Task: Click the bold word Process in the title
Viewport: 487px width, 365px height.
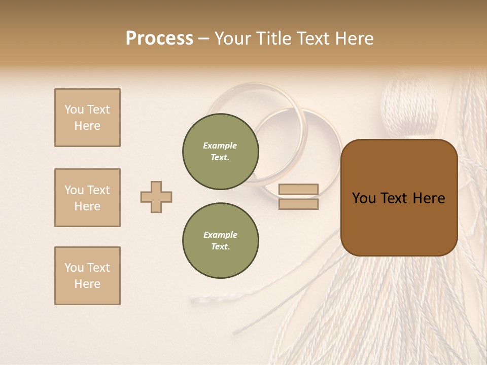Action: point(159,39)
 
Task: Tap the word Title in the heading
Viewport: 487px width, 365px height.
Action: point(272,39)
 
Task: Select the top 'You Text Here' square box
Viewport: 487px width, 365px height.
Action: point(87,118)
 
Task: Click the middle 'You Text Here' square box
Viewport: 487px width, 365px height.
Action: point(87,198)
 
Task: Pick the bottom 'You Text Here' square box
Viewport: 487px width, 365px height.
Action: point(87,276)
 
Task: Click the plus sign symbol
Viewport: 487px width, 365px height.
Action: point(156,197)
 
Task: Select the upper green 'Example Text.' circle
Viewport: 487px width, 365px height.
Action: point(221,152)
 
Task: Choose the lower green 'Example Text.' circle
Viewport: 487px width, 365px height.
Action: point(221,241)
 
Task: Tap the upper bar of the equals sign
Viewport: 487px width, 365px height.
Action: point(298,189)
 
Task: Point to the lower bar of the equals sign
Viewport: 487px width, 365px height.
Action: point(298,204)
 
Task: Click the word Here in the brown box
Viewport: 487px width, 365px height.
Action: point(429,198)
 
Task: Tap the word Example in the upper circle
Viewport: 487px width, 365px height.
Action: point(220,145)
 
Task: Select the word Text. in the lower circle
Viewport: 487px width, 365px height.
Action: point(220,247)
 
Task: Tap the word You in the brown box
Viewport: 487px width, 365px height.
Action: point(364,198)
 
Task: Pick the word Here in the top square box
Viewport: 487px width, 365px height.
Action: point(87,126)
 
